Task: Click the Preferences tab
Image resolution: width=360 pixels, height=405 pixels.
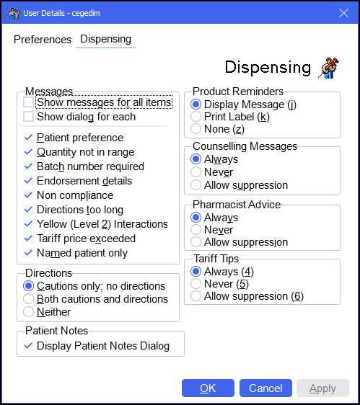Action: [x=43, y=40]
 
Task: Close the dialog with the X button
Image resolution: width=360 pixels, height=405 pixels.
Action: [x=343, y=13]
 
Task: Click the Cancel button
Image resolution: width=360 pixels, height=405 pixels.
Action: [x=265, y=388]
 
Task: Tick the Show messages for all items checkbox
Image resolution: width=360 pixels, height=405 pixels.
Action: [x=28, y=102]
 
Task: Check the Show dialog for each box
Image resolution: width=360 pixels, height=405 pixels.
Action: [x=28, y=117]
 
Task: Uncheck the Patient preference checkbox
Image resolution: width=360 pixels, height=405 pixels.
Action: [x=28, y=138]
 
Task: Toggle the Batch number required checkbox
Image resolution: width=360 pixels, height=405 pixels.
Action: [x=28, y=166]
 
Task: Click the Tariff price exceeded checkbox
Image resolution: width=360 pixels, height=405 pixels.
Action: [x=28, y=239]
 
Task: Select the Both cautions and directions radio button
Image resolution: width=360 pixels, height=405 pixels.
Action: [x=28, y=299]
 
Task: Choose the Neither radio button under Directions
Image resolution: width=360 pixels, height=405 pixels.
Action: [x=28, y=312]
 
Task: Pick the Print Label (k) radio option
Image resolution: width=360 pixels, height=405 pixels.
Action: [x=196, y=117]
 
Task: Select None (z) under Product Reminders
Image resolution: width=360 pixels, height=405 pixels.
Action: [x=196, y=129]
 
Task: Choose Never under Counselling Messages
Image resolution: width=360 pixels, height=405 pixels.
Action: [x=196, y=172]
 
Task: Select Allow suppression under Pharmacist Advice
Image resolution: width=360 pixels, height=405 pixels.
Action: [x=196, y=242]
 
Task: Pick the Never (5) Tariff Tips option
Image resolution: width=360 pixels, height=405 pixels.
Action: [x=196, y=284]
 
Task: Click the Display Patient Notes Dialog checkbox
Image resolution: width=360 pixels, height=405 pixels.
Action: [x=28, y=346]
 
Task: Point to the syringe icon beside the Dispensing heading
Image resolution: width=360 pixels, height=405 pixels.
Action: [x=328, y=68]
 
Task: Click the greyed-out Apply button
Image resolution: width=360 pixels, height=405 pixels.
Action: [x=322, y=388]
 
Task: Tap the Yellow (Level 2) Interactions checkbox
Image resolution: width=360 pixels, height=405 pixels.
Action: [x=28, y=224]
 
